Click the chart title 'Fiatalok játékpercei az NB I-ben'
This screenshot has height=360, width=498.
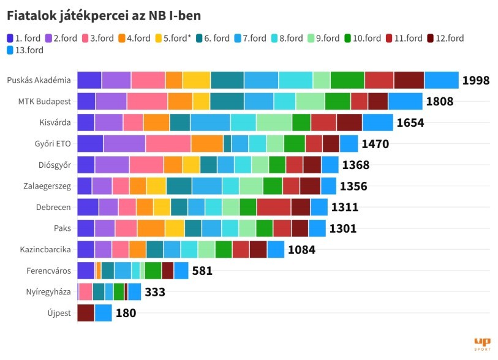[x=104, y=14]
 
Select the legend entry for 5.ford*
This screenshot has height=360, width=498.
[x=174, y=38]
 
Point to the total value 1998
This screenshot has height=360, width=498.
[x=475, y=80]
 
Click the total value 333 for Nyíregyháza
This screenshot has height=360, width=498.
[x=155, y=292]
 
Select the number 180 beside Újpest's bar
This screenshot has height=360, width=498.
[x=125, y=313]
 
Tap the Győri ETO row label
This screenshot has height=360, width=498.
[x=53, y=144]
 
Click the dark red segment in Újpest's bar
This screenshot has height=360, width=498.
[x=86, y=313]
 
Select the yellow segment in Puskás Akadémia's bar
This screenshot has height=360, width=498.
[x=196, y=80]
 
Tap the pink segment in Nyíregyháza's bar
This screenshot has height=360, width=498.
[x=86, y=292]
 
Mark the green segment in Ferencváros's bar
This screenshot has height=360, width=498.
[x=153, y=271]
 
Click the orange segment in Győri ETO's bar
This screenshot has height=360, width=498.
[x=207, y=144]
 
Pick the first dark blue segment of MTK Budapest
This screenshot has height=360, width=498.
[x=86, y=102]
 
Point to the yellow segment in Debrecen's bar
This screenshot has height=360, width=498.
[x=162, y=207]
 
